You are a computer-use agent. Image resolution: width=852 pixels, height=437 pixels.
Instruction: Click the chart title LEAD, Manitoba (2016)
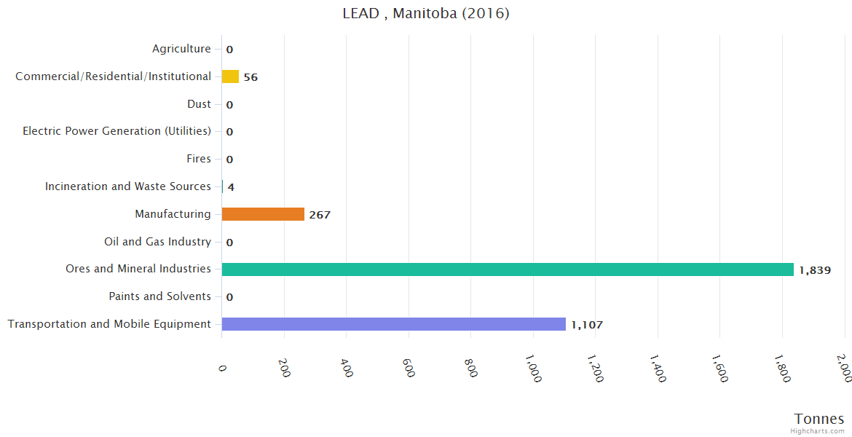point(426,14)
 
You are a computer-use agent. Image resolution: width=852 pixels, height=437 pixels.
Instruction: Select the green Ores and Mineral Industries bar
point(508,269)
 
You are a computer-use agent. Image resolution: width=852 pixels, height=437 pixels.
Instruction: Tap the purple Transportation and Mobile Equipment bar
point(393,324)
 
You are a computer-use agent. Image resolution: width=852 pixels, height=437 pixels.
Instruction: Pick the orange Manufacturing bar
point(263,214)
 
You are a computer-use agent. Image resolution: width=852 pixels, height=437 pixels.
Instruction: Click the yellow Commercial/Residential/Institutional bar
point(230,76)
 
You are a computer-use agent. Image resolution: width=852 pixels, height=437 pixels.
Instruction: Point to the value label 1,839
point(815,270)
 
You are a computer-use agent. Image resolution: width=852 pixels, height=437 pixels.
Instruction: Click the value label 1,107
point(587,325)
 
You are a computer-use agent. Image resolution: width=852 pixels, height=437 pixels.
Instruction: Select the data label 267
point(320,215)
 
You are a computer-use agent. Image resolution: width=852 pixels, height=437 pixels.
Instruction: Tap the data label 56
point(251,77)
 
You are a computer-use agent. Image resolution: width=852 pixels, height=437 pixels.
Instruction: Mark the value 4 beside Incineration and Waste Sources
point(231,187)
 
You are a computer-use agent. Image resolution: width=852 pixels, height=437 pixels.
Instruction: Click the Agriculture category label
point(181,49)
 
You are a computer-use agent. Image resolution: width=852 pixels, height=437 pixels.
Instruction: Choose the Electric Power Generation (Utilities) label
point(117,131)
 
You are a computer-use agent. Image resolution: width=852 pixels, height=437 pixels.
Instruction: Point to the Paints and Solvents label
point(159,296)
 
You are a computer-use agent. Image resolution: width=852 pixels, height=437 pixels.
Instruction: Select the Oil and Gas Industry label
point(157,242)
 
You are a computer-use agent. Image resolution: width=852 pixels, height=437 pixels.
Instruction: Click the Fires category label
point(199,159)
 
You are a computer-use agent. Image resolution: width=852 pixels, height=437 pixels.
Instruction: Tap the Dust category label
point(199,104)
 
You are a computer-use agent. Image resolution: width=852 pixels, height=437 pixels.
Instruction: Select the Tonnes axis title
point(819,419)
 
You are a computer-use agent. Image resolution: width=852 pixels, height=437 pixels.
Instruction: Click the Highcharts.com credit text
point(818,431)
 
